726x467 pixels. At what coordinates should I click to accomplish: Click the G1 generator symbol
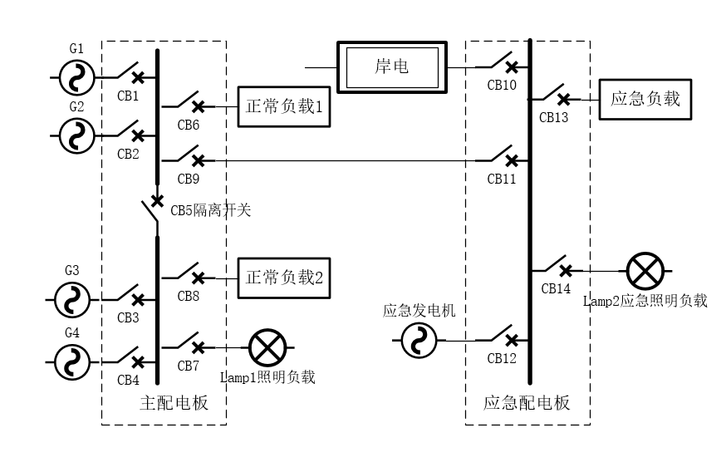pyautogui.click(x=77, y=77)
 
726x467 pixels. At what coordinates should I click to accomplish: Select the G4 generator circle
pyautogui.click(x=72, y=361)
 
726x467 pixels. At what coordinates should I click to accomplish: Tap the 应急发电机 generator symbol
pyautogui.click(x=419, y=341)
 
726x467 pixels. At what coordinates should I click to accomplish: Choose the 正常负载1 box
pyautogui.click(x=284, y=106)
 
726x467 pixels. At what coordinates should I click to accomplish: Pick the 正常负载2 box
pyautogui.click(x=284, y=278)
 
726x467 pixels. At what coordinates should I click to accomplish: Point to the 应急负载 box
pyautogui.click(x=645, y=99)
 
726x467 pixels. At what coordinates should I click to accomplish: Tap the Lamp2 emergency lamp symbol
pyautogui.click(x=645, y=271)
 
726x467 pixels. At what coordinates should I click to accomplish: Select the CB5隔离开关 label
pyautogui.click(x=210, y=210)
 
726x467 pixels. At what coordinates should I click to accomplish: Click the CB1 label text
pyautogui.click(x=128, y=96)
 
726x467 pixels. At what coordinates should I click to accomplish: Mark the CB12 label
pyautogui.click(x=502, y=358)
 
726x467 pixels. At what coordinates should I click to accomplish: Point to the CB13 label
pyautogui.click(x=553, y=117)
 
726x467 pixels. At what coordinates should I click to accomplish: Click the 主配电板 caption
pyautogui.click(x=173, y=404)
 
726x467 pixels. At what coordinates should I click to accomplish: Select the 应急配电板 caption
pyautogui.click(x=527, y=404)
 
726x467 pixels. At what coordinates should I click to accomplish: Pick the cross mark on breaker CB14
pyautogui.click(x=565, y=270)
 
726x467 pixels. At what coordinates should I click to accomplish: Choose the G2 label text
pyautogui.click(x=76, y=106)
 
